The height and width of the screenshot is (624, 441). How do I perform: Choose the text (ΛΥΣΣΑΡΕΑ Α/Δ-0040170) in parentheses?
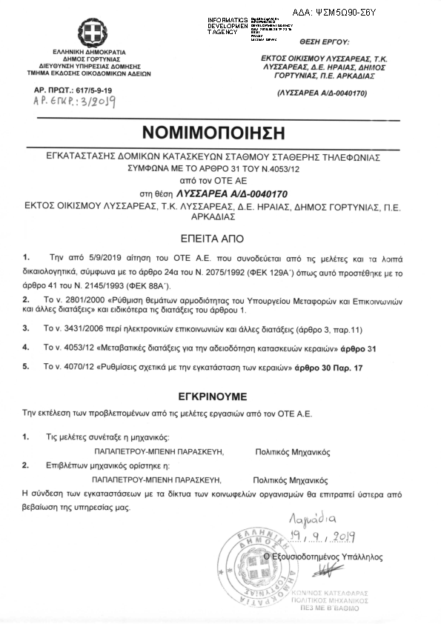coord(323,93)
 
